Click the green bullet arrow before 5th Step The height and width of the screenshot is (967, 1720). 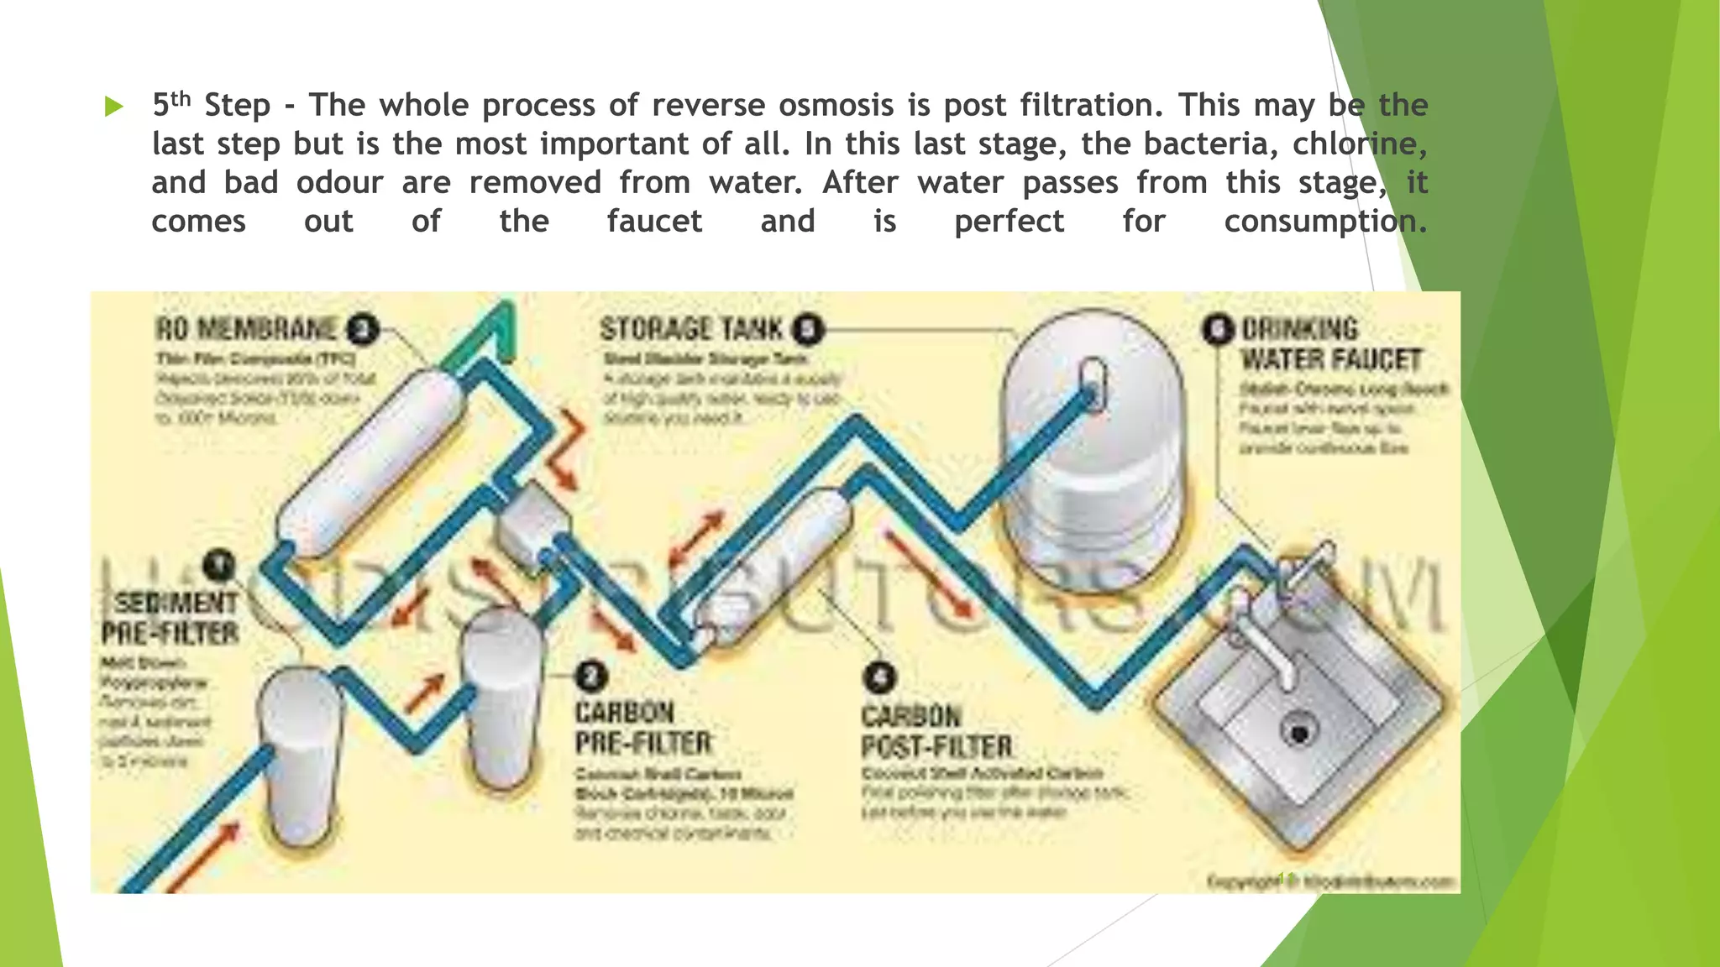pos(114,107)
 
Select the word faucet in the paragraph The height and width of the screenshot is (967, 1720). pos(654,221)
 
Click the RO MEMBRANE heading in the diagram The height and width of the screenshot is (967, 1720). pos(247,328)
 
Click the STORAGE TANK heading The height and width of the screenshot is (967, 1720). pos(691,328)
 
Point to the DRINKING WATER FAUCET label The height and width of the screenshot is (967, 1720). pos(1329,344)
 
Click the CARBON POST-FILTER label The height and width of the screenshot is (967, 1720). pos(936,731)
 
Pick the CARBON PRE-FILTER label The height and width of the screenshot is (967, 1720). pos(642,728)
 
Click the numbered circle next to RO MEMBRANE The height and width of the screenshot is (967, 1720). pos(363,329)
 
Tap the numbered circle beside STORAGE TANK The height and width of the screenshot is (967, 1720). pos(808,329)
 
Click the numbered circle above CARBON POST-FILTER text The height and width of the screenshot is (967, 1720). pos(880,677)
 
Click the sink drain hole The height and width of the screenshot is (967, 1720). pos(1299,732)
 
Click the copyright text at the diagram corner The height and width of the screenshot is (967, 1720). pos(1330,881)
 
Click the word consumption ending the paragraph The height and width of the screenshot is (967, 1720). pos(1324,221)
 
